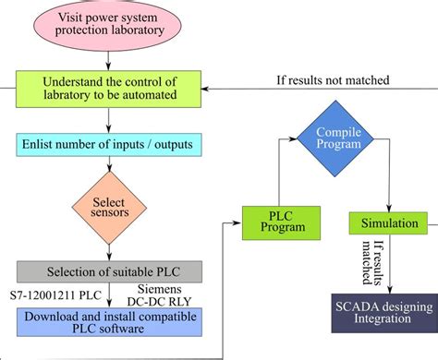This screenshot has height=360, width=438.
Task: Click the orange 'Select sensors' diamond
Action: pos(109,209)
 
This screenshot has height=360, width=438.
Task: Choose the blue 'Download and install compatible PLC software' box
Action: pos(108,320)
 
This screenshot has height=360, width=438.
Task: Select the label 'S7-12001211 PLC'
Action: pos(55,295)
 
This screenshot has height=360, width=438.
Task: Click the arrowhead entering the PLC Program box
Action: pos(237,223)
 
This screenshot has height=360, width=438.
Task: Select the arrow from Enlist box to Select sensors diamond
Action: pos(108,167)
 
